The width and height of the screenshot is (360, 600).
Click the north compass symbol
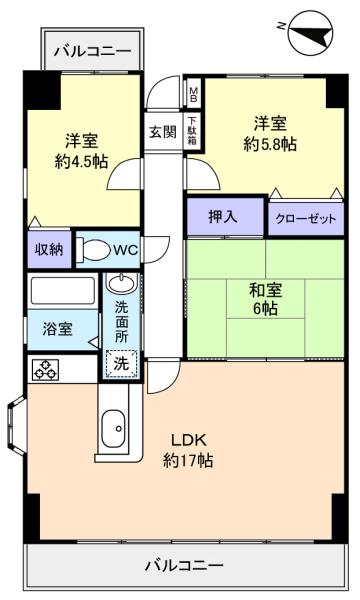coord(311,33)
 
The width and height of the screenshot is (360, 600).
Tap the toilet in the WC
coord(92,251)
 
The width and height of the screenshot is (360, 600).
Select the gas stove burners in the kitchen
coord(45,370)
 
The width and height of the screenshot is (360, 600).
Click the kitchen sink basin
coord(115,427)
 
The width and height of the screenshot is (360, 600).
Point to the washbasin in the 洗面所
coord(121,284)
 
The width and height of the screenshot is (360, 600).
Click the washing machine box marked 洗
coord(121,364)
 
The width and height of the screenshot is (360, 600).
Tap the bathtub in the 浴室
coord(63,291)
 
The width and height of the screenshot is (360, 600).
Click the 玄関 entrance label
coord(163,132)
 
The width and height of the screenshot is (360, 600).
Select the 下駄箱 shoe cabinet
coord(192,131)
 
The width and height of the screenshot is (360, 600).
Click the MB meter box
coord(194,93)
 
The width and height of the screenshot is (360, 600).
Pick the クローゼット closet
coord(306,219)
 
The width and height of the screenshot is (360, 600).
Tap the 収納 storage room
coord(49,250)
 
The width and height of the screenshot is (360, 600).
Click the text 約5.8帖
coord(270,144)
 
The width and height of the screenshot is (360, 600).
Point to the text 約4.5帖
coord(81,161)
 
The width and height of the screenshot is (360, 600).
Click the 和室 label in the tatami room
coord(265,291)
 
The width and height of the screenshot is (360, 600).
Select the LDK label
coord(189,440)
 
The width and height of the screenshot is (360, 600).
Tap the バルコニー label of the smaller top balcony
coord(92,51)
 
